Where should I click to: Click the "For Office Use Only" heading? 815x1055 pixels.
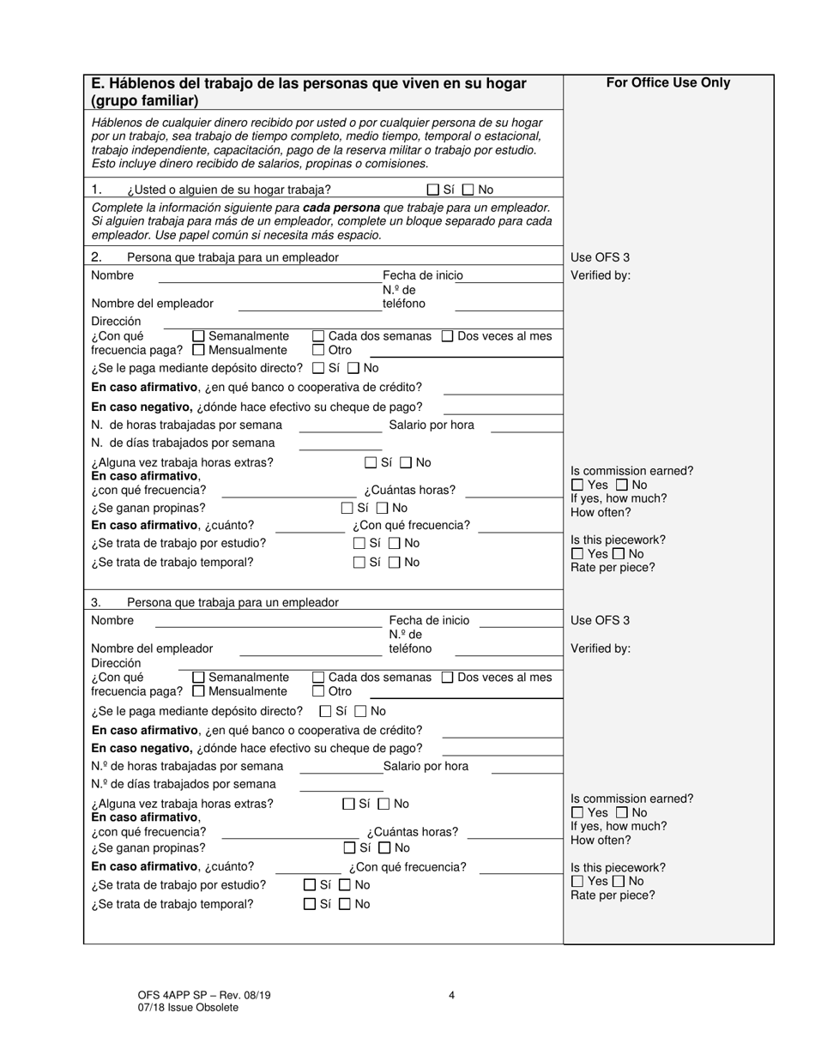click(x=668, y=83)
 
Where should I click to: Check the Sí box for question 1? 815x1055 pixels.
click(x=433, y=190)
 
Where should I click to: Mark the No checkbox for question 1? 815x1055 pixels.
click(x=468, y=190)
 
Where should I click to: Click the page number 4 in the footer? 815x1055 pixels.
click(x=451, y=996)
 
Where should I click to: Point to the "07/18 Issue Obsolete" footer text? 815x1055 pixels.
click(x=188, y=1008)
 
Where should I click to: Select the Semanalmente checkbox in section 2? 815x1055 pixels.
click(x=199, y=336)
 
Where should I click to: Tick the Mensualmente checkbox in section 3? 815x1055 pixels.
click(x=199, y=691)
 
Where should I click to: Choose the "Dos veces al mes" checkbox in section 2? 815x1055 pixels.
click(x=447, y=336)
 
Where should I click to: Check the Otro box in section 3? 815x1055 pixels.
click(x=318, y=691)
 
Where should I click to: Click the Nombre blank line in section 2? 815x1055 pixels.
click(x=269, y=276)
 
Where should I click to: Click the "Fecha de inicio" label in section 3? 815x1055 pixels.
click(x=429, y=620)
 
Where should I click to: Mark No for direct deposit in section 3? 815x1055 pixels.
click(x=360, y=711)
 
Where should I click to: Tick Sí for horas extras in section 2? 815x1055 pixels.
click(x=371, y=463)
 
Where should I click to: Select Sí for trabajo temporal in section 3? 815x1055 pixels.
click(x=310, y=904)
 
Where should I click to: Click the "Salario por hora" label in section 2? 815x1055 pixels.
click(x=431, y=425)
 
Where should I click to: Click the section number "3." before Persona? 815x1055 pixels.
click(x=96, y=602)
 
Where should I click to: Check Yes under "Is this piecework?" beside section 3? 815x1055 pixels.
click(x=577, y=882)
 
